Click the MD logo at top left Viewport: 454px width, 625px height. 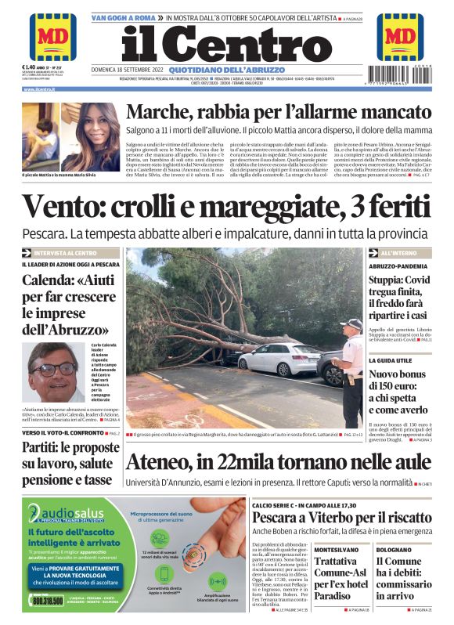click(x=52, y=37)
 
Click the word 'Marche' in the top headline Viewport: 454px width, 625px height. click(x=162, y=114)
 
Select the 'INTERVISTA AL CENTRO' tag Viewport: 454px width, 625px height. click(x=65, y=253)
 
